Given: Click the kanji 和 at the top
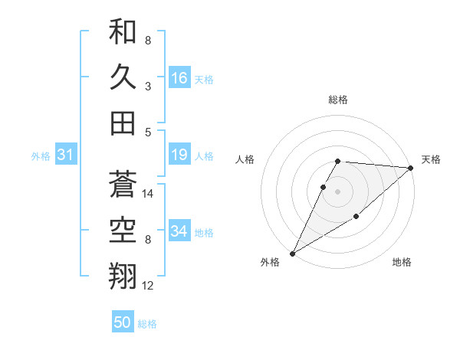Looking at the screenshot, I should (123, 32).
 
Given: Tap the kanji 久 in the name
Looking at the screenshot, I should (123, 77).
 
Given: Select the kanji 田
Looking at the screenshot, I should (123, 122).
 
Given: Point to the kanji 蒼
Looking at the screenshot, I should (123, 185).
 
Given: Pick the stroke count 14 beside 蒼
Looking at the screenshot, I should (149, 195).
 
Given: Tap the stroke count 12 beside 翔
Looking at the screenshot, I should (149, 286).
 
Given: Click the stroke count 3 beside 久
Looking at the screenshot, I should (147, 86).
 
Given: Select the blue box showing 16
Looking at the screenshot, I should (179, 77).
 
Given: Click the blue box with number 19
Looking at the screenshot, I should (179, 155).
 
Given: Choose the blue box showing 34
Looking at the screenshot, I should (179, 231).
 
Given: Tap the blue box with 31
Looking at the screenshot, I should (65, 155).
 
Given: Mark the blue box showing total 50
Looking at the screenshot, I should (123, 322).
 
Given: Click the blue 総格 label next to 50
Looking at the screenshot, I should (147, 324).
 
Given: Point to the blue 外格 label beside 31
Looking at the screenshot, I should (41, 156).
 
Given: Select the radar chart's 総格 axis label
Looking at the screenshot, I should (337, 100).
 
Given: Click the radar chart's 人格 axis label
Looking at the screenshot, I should (245, 159).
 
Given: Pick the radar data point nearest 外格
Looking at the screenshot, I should (292, 253).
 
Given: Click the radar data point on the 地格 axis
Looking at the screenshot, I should (356, 218).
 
